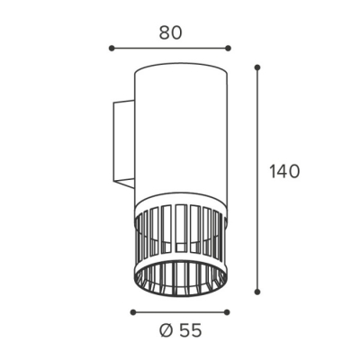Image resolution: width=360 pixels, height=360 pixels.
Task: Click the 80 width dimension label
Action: (170, 32)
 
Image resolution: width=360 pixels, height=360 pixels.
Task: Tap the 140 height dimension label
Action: (284, 172)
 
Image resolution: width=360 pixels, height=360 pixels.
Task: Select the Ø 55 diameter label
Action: (180, 331)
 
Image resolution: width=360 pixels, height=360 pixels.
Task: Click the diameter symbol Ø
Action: (166, 331)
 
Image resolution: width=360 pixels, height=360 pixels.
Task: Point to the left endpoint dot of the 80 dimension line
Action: (112, 48)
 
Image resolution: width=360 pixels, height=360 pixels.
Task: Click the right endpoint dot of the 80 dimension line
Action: (228, 48)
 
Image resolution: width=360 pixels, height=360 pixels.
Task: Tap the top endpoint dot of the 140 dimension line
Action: (256, 67)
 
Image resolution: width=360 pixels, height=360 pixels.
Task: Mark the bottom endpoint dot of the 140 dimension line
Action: (256, 292)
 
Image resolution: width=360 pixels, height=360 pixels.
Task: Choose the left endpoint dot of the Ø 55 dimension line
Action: (133, 312)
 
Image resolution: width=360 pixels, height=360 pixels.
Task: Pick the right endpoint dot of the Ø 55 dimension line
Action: (227, 312)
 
